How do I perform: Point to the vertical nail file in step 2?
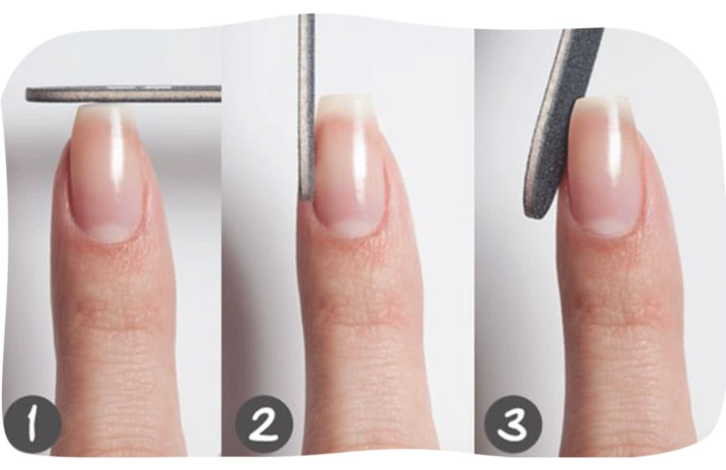307,108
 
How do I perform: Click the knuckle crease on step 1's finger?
111,311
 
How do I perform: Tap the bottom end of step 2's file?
306,199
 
